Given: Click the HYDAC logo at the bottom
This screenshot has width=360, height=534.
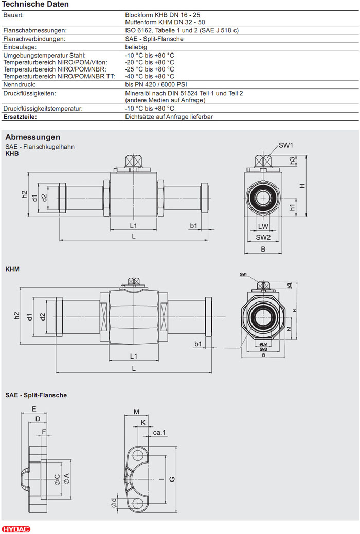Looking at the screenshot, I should [x=16, y=529].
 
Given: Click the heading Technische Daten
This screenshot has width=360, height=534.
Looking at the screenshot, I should [x=35, y=4].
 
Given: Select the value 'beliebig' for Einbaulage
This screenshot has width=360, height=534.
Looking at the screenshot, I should [x=136, y=47].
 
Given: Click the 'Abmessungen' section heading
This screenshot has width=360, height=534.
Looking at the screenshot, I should [x=32, y=137].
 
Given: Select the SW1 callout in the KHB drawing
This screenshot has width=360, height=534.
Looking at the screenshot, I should [x=286, y=145].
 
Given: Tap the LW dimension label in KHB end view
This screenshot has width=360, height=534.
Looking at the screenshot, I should [x=263, y=226].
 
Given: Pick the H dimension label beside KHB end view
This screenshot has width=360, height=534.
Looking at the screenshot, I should [x=303, y=186].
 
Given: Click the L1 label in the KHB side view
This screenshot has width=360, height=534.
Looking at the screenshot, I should [x=133, y=226].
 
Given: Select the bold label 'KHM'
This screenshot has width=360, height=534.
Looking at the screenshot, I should [x=12, y=269].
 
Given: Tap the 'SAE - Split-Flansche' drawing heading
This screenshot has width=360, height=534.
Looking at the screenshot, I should [x=36, y=395].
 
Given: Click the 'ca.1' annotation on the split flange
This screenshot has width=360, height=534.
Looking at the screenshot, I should [x=159, y=433].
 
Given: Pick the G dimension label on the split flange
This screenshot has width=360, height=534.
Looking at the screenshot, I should [x=172, y=479].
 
